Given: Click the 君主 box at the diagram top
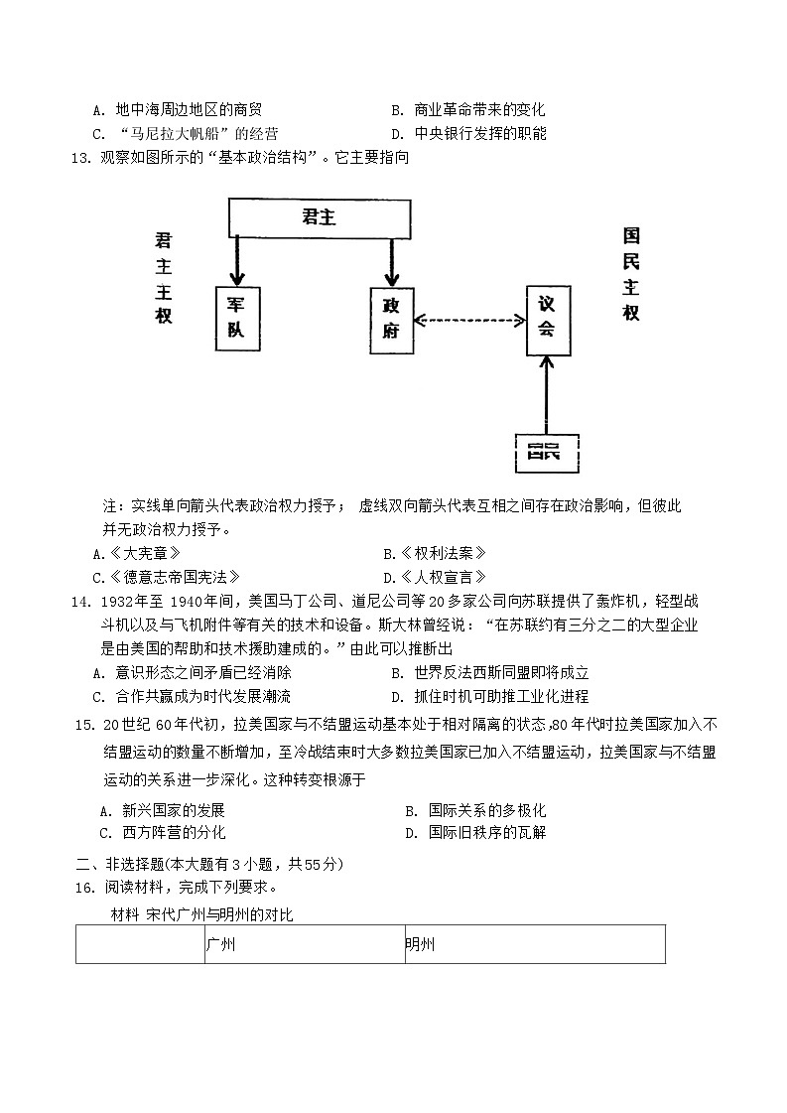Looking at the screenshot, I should coord(320,217).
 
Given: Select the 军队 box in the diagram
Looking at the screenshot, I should coord(236,318).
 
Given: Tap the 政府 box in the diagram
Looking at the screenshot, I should coord(391,319).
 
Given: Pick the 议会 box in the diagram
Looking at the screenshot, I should coord(548,320).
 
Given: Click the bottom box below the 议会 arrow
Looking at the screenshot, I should coord(545,454).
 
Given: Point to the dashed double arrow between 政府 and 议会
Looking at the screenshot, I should coord(469,320).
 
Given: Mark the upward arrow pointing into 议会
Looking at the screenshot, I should coord(545,394).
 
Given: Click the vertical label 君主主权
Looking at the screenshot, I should coord(164,277).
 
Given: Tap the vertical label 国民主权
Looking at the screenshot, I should coord(631,274).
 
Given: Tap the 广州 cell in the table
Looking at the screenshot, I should coord(303,944).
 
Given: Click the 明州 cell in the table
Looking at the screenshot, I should coord(534,944).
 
